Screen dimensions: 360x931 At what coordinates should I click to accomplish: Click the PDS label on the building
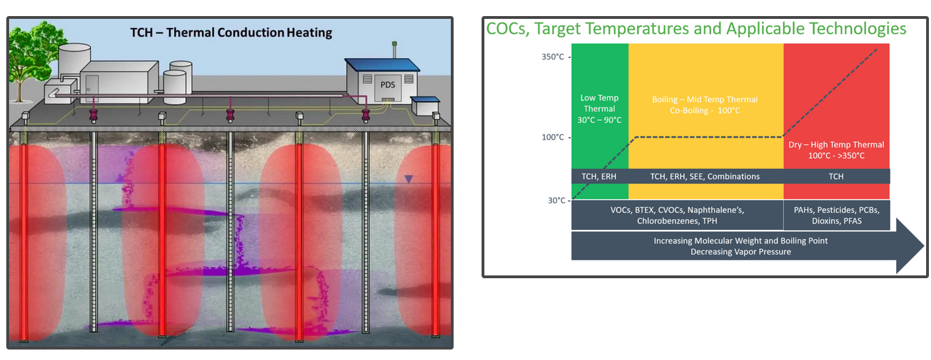[388, 85]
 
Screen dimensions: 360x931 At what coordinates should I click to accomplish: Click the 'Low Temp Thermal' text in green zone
[600, 109]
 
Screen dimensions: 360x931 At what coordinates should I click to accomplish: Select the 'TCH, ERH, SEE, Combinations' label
[705, 177]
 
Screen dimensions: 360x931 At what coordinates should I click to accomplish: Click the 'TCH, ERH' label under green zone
[599, 177]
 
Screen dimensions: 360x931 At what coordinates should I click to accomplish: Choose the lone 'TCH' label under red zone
[836, 177]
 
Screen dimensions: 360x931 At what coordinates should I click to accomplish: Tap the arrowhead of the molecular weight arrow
[909, 246]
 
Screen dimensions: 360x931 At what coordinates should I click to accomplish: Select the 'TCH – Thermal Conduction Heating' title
[231, 32]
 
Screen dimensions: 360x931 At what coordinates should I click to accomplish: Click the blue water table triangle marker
[409, 180]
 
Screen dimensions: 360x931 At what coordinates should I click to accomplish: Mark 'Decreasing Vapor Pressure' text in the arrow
[741, 252]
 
